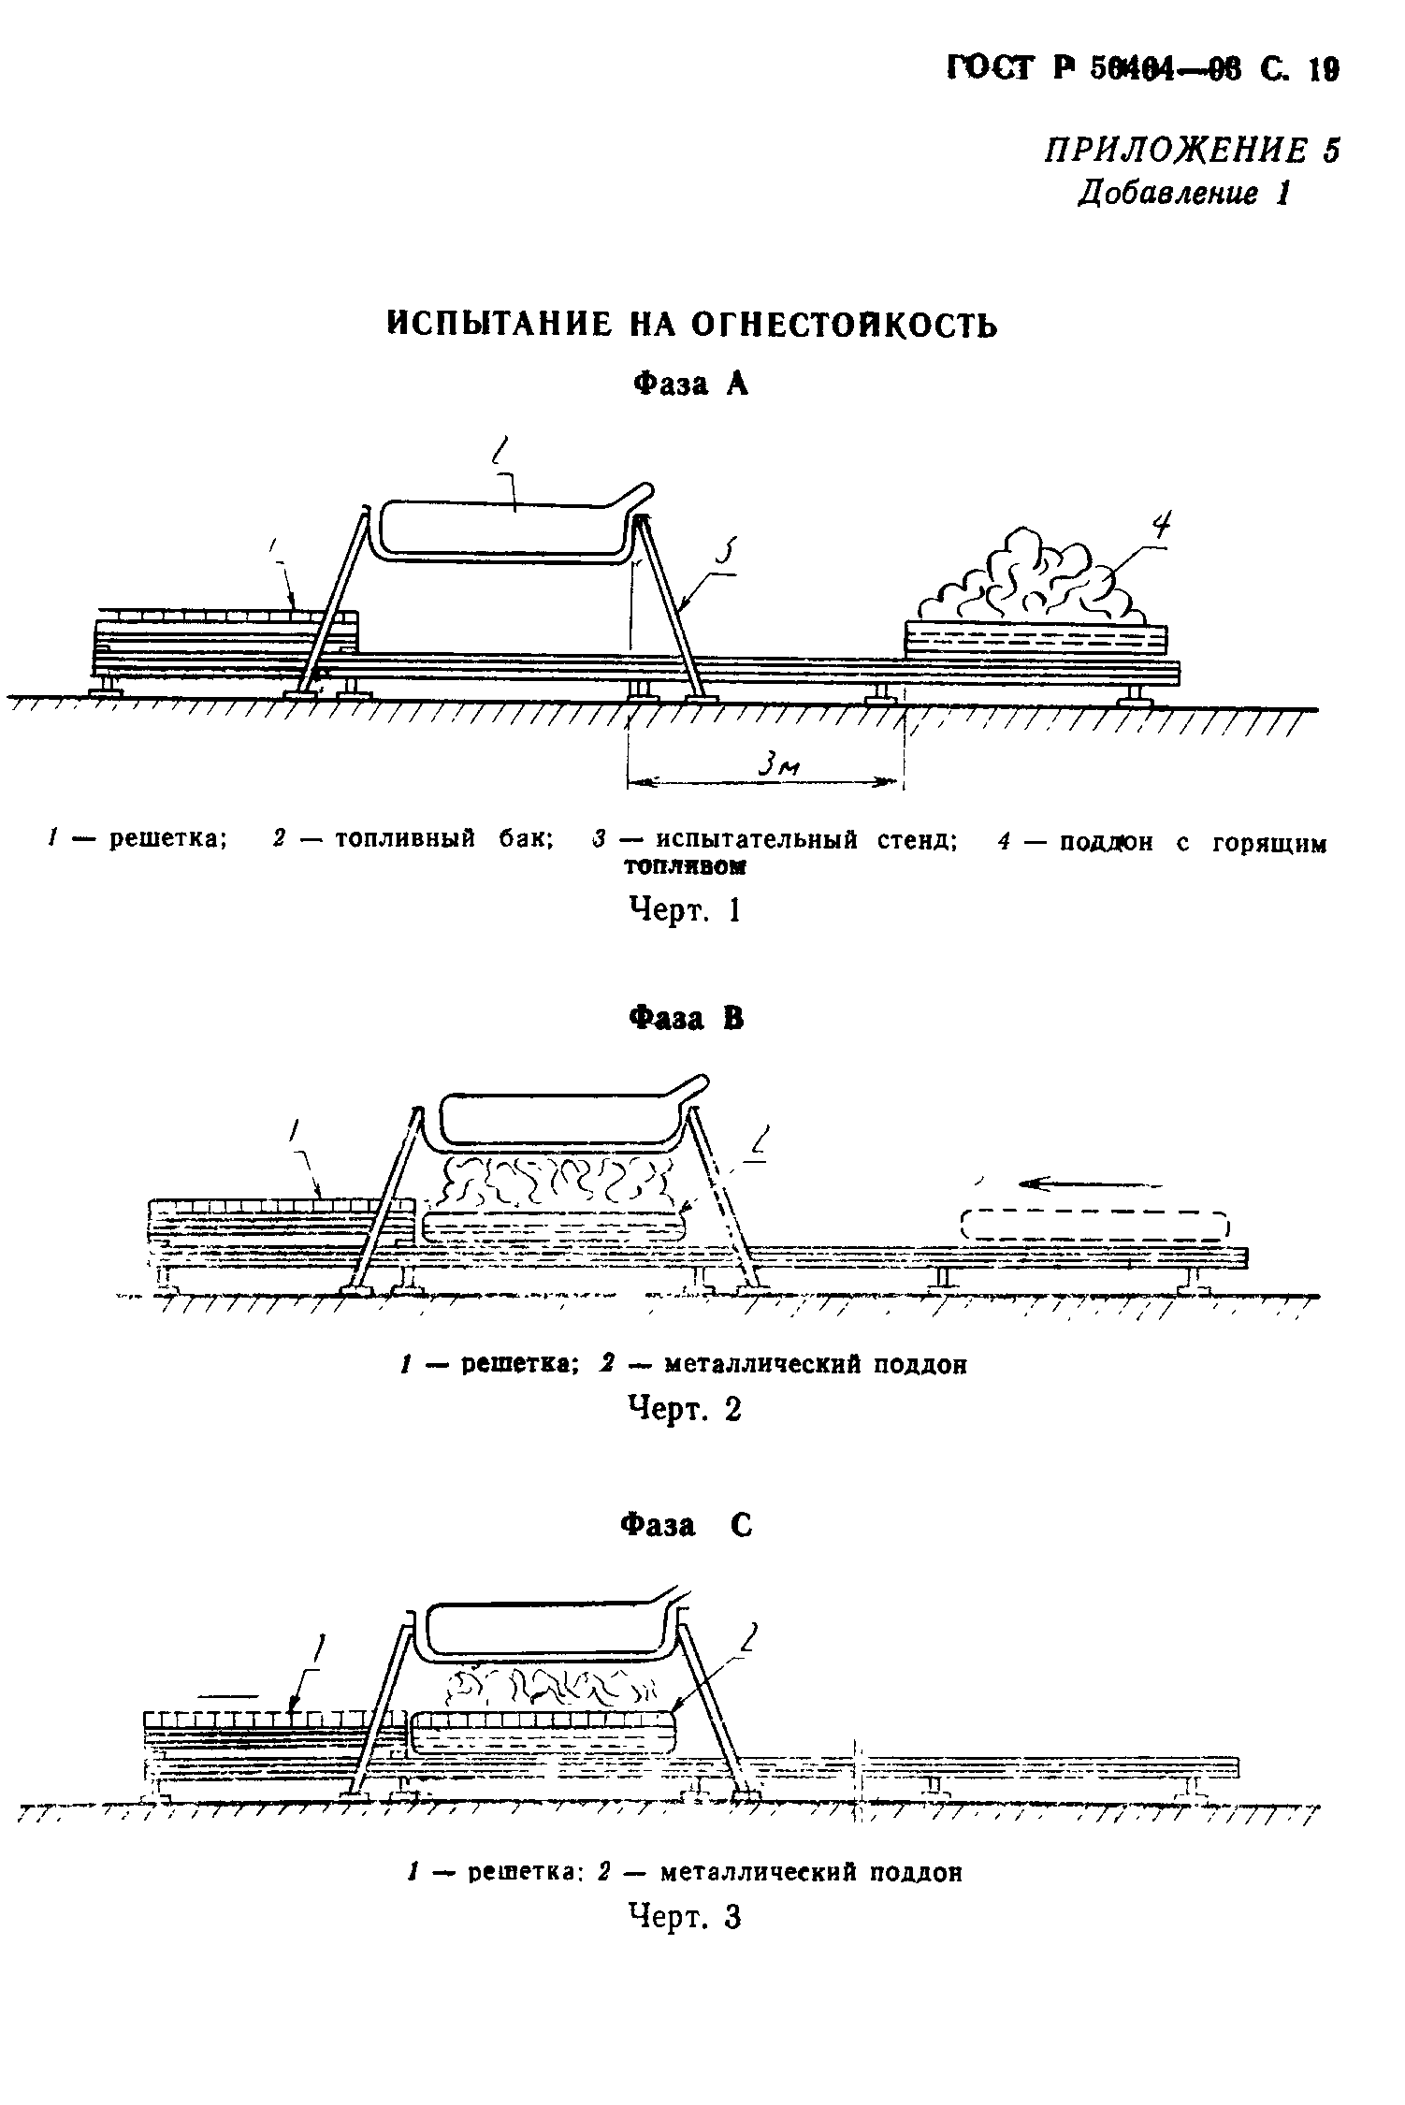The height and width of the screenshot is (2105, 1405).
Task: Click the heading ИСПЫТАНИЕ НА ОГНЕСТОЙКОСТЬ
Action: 692,325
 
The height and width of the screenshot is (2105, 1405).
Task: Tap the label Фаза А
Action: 691,384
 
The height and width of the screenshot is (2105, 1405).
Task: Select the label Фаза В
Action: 688,1018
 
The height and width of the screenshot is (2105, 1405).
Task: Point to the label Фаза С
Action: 687,1526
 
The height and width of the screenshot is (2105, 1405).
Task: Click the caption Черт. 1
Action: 686,909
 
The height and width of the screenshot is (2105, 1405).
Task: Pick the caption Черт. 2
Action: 686,1409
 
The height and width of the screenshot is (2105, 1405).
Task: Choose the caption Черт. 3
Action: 686,1917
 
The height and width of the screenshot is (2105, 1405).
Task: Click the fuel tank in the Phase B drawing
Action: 561,1116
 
